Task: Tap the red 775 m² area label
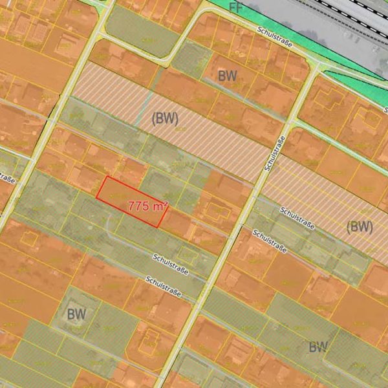[x=147, y=206]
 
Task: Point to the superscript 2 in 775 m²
[x=166, y=203]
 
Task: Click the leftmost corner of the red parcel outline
[x=97, y=197]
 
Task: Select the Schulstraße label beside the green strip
[x=274, y=38]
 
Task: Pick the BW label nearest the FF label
[x=227, y=76]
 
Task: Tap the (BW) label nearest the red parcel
[x=165, y=118]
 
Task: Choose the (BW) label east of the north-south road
[x=360, y=226]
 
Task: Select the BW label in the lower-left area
[x=76, y=314]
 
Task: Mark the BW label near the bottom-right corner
[x=318, y=347]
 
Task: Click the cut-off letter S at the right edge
[x=385, y=110]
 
